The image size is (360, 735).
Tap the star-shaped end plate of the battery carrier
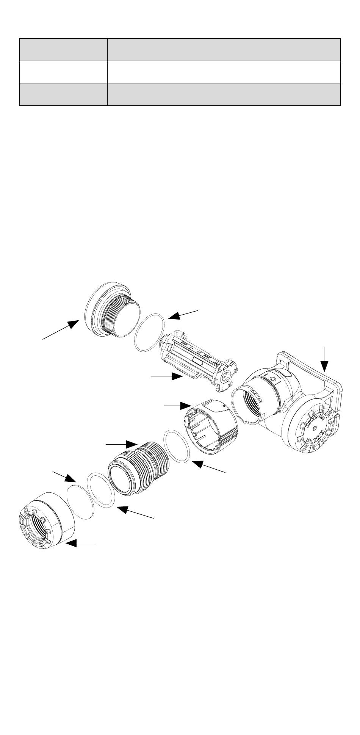(x=227, y=378)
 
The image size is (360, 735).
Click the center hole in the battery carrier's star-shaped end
(x=227, y=378)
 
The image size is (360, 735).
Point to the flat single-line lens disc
(x=80, y=501)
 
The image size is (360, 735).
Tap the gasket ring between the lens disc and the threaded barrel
(x=101, y=490)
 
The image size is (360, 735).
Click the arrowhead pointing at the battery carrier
(x=178, y=376)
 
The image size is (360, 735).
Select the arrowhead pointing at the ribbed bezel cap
(x=70, y=544)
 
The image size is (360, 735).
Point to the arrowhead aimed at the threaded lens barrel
(x=132, y=444)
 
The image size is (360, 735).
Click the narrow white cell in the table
(x=63, y=72)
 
